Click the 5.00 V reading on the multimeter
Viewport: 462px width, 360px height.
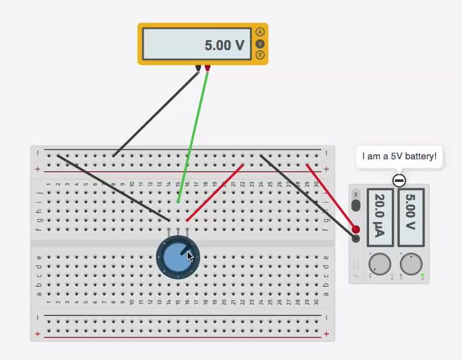224,45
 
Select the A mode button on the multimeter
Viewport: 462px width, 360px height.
261,32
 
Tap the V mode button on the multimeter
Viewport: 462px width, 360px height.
261,44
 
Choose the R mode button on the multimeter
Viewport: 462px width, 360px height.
261,55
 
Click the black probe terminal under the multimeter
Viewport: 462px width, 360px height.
198,67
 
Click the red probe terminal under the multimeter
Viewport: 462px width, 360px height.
207,67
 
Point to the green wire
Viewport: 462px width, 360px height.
192,138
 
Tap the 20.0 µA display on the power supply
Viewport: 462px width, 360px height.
379,217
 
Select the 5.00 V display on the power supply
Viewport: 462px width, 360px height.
411,217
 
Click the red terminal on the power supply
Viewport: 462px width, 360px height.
356,230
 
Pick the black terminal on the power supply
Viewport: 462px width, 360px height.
356,238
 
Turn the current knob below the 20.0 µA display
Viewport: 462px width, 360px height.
379,264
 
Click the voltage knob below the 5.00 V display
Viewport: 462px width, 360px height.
411,264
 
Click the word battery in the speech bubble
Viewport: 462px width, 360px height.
420,156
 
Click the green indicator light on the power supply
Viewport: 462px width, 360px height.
423,276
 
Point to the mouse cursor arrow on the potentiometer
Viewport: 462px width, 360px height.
190,256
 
